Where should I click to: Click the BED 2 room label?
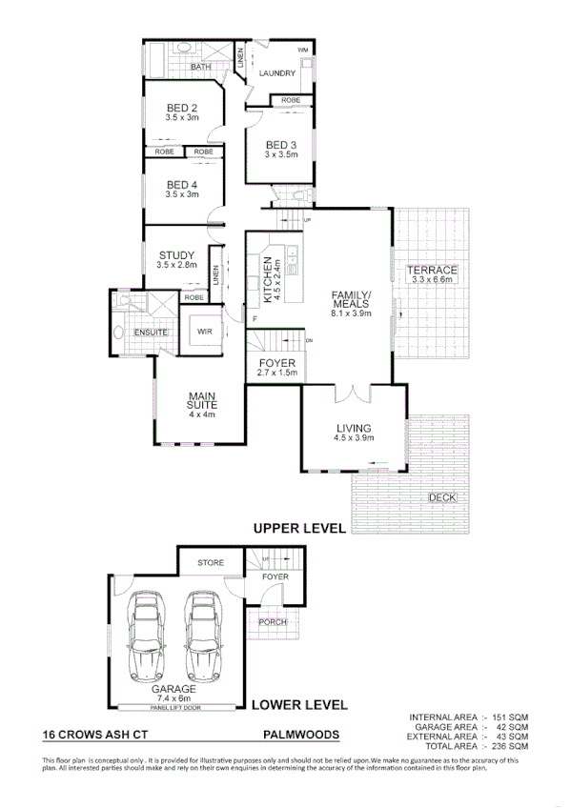(x=181, y=108)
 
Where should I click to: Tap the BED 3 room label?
(x=281, y=145)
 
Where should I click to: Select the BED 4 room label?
(x=181, y=185)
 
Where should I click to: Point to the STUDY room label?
(x=177, y=254)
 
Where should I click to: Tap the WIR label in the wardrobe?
(x=204, y=332)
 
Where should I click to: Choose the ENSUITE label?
(x=151, y=332)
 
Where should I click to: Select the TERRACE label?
(x=433, y=272)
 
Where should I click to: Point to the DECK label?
(x=441, y=498)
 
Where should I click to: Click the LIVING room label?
(x=352, y=428)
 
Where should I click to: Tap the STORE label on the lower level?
(x=211, y=563)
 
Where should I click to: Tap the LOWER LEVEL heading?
(x=296, y=706)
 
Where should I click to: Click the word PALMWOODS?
(x=297, y=736)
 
